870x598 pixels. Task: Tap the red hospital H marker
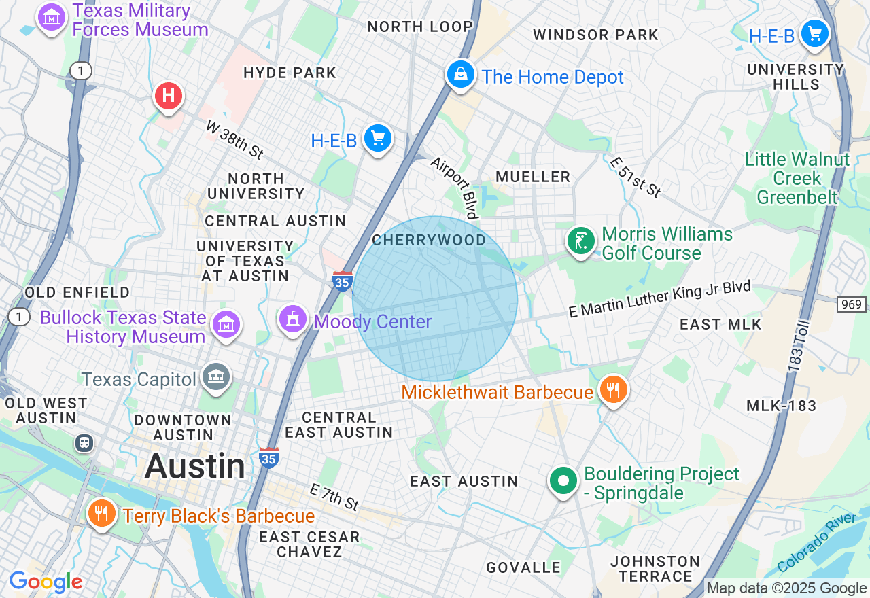tap(168, 96)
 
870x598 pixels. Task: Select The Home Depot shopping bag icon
tap(461, 74)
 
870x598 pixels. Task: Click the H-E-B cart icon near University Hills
tap(814, 33)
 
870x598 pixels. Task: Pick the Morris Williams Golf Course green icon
tap(581, 241)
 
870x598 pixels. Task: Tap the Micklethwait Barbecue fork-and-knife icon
tap(613, 390)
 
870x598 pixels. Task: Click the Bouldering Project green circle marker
tap(563, 481)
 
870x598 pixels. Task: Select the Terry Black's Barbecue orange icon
tap(102, 513)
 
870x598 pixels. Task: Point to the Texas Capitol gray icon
tap(216, 377)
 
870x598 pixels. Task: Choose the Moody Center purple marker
tap(293, 319)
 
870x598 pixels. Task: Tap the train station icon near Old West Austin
tap(84, 443)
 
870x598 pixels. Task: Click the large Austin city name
tap(195, 466)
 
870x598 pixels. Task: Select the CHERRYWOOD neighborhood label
tap(429, 240)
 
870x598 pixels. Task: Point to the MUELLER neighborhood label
tap(533, 177)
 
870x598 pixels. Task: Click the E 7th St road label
tap(334, 497)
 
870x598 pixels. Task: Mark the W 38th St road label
tap(234, 140)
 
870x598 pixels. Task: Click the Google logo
tap(46, 582)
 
